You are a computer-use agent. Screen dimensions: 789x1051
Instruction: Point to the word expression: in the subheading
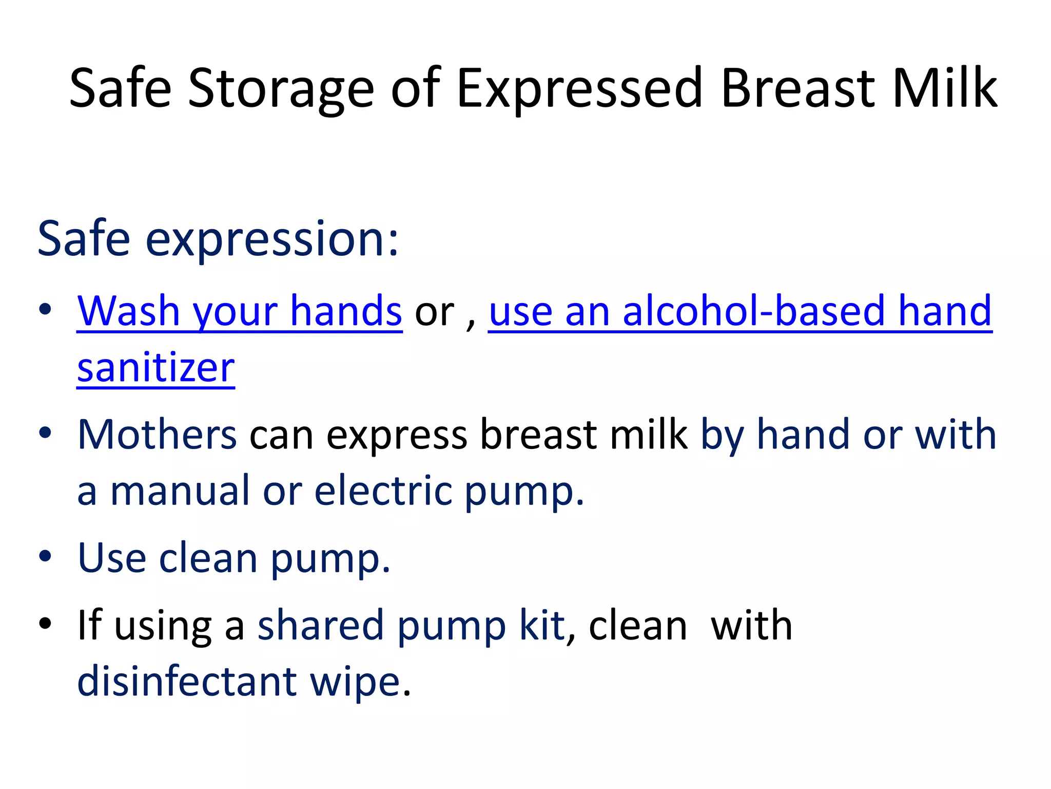point(271,239)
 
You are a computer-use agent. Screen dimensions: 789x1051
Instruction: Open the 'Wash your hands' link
point(239,311)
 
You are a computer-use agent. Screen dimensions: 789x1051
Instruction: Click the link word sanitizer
point(156,368)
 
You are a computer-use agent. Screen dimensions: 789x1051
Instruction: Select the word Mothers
point(157,435)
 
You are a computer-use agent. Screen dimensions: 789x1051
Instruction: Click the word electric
point(383,491)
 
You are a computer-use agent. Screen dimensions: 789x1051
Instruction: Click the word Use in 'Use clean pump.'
point(112,558)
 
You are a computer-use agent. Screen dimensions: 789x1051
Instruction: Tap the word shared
point(321,626)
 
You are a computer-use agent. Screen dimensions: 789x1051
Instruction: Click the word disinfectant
point(187,681)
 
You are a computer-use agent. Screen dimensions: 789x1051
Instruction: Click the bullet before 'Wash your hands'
point(45,309)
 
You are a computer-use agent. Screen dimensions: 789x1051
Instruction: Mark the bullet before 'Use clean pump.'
point(45,556)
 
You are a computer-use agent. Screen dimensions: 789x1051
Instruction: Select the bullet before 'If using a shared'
point(45,623)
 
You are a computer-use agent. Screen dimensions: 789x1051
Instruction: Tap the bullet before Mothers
point(45,433)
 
